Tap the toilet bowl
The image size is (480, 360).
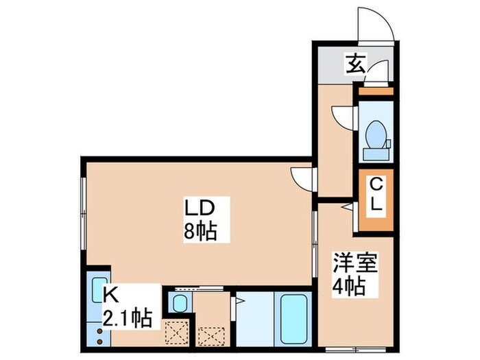point(374,133)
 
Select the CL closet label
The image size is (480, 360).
point(376,195)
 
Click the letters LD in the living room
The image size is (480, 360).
point(200,207)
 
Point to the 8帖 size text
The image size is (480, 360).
point(200,231)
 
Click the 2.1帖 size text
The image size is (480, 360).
point(128,320)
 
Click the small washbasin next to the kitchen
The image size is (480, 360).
point(180,302)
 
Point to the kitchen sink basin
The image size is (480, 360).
point(99,288)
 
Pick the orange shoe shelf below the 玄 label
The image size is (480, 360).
point(375,91)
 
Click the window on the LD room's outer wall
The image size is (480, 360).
point(83,213)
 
